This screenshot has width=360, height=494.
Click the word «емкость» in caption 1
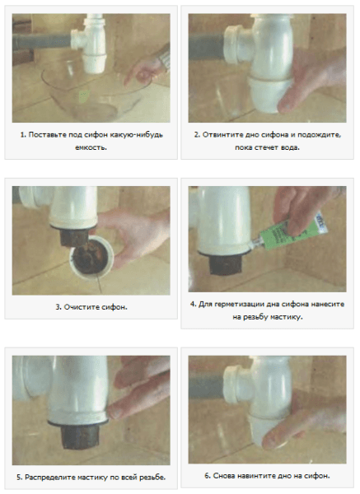pos(91,147)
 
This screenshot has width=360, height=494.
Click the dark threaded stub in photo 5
pos(80,436)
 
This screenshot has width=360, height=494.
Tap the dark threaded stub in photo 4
pos(225,264)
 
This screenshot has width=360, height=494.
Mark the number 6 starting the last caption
pos(207,476)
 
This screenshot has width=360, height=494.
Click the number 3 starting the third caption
pos(58,307)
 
